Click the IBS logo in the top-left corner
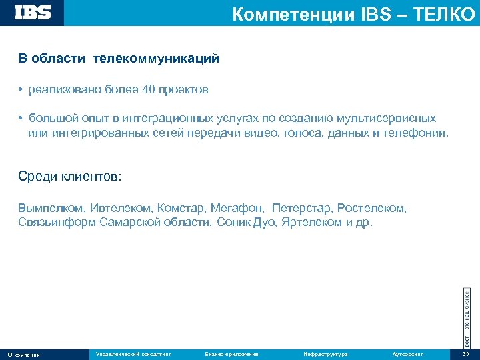coord(32,13)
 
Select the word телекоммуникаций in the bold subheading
coord(156,59)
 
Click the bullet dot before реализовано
coord(21,89)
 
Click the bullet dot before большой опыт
coord(21,119)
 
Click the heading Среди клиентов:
coord(70,177)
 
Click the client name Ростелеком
coord(371,208)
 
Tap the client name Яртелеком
coord(311,222)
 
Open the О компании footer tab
coord(23,354)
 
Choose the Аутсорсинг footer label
coord(408,354)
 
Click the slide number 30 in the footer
coord(466,354)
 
